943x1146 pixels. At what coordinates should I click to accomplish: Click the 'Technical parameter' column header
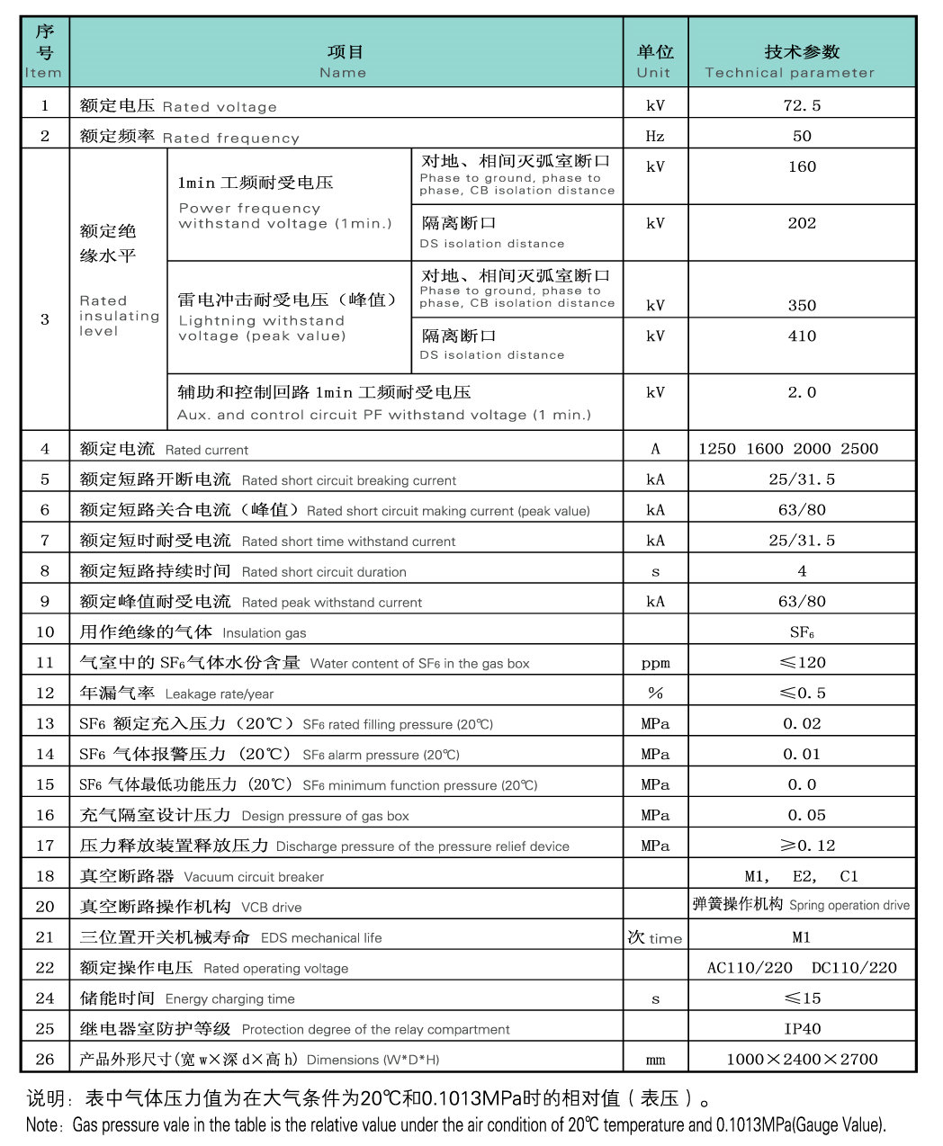(x=789, y=73)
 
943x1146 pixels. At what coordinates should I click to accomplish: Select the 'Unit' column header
(x=654, y=73)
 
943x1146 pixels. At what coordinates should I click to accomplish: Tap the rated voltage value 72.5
(x=802, y=105)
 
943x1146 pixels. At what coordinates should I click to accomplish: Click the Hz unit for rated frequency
(x=655, y=136)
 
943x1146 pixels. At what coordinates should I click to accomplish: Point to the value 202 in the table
(x=802, y=223)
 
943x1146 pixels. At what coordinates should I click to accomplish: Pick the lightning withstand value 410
(x=802, y=336)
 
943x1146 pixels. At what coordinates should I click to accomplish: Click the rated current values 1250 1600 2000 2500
(x=788, y=448)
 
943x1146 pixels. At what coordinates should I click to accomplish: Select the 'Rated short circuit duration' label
(x=324, y=572)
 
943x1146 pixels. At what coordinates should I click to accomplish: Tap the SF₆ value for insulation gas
(x=802, y=631)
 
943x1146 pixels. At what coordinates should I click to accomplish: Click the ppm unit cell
(x=655, y=663)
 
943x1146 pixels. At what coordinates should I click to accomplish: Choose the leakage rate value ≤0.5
(x=802, y=693)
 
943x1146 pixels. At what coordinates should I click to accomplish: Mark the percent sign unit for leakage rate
(x=655, y=693)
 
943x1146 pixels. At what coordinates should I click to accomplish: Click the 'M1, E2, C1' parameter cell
(x=802, y=876)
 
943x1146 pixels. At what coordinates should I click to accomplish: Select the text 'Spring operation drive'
(x=849, y=906)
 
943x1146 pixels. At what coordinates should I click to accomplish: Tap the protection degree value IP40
(x=802, y=1028)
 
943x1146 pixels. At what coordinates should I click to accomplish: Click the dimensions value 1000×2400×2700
(x=802, y=1059)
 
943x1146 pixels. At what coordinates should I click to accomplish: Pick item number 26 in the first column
(x=45, y=1059)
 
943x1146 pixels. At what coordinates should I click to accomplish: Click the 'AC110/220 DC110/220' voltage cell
(x=802, y=968)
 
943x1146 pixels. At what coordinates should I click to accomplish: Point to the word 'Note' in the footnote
(x=41, y=1124)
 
